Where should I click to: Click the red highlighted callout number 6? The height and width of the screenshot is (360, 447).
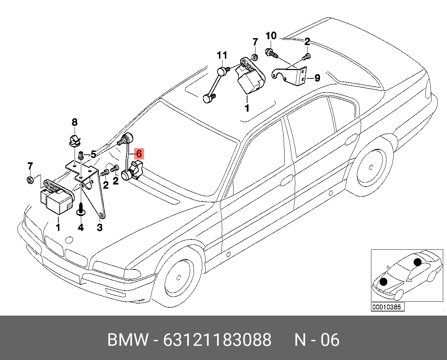tap(139, 154)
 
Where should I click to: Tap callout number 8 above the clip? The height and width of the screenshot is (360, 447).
tap(75, 122)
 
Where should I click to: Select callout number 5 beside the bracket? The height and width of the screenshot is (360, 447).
tap(93, 154)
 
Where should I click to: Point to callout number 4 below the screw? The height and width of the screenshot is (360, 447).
tap(81, 228)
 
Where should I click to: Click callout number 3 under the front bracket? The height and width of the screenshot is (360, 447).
tap(100, 228)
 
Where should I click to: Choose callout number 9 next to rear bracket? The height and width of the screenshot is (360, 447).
tap(317, 78)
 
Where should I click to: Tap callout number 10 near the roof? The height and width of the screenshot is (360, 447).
tap(271, 36)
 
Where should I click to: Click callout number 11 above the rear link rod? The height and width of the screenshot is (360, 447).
tap(222, 55)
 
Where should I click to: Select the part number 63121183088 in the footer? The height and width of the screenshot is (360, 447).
tap(217, 340)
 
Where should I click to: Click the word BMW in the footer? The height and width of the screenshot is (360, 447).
tap(128, 340)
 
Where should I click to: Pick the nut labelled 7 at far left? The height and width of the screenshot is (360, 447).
tap(30, 180)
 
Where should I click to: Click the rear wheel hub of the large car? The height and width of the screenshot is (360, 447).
tap(371, 168)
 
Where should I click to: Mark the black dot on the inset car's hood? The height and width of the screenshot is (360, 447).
tap(383, 282)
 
